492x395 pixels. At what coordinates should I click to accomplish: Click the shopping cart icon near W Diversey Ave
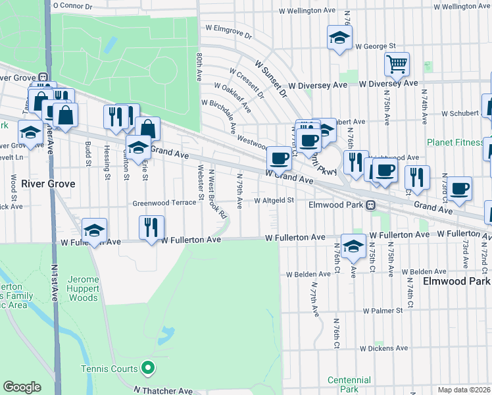tap(397, 65)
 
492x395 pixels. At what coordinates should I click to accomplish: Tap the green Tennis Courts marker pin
tap(149, 368)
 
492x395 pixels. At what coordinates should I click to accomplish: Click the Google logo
tap(22, 387)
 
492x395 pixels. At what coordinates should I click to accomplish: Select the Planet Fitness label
tap(455, 142)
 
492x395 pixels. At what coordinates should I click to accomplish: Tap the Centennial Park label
tap(349, 384)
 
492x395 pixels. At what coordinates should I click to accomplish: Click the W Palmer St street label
tap(382, 310)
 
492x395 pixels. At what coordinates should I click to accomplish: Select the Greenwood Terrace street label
tap(164, 203)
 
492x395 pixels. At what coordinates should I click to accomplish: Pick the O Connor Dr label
tap(73, 5)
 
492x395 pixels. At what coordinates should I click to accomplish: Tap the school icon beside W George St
tap(339, 38)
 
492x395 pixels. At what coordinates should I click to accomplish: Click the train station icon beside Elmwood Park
tap(371, 205)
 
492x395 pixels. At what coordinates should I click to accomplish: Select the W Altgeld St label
tap(273, 200)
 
